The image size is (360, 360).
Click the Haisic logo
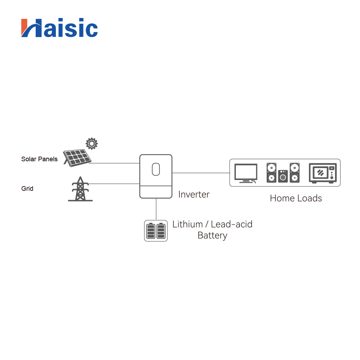coord(59,28)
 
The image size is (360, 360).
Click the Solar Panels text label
coord(39,159)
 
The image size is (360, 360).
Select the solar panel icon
coord(77,158)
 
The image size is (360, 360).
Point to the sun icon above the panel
coord(91,144)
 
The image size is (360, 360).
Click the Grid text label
coord(27,189)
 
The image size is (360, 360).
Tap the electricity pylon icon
coord(80,189)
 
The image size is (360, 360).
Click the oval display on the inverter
coord(156,169)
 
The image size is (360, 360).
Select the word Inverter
coord(194,194)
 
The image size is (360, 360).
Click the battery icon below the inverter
coord(156,231)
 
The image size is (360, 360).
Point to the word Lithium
coord(188,224)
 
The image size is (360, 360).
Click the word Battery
coord(212,235)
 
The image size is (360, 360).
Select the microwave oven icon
coord(323,173)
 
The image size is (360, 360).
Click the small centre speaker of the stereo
coord(283,176)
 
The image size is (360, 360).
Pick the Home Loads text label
coord(296,198)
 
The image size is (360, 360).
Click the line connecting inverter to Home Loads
coord(201,173)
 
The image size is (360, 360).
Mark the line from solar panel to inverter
coord(114,163)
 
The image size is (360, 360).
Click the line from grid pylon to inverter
coord(114,184)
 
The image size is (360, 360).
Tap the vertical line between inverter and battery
coord(156,209)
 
